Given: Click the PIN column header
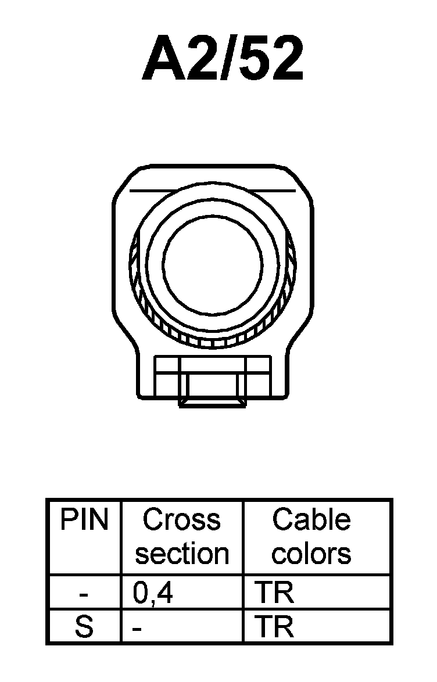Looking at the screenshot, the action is (84, 520).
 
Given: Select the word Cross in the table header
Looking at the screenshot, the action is (182, 520).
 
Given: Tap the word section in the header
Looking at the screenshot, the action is (182, 554).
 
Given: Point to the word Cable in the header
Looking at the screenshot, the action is (311, 520).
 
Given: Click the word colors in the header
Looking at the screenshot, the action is (311, 554).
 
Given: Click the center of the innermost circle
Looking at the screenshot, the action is (213, 264).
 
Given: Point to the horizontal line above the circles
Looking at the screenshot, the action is (213, 191).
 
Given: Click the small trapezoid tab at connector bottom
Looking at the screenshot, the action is (212, 403).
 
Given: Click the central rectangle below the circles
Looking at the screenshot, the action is (213, 378).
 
